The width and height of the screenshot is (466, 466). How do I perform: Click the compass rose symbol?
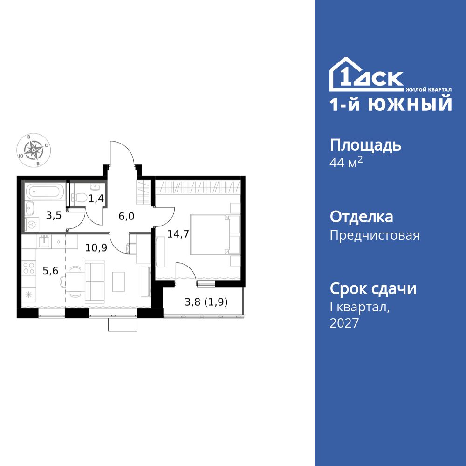tap(31, 150)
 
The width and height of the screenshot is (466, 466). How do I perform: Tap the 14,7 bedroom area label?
tap(178, 234)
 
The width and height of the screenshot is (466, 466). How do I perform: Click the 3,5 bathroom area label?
tap(53, 215)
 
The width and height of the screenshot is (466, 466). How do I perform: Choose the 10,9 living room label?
tap(96, 247)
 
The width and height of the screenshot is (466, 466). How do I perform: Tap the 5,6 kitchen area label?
tap(50, 271)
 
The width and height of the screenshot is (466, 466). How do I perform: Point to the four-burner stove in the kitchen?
tap(29, 269)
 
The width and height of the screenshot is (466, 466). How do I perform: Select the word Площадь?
tap(365, 145)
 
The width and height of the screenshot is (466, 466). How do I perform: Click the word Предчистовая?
tap(375, 235)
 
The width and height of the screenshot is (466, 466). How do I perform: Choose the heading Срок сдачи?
tap(373, 288)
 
